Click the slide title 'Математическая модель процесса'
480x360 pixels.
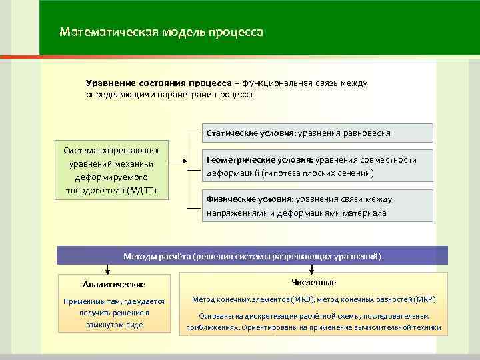click(x=161, y=32)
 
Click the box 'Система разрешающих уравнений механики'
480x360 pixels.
click(x=111, y=169)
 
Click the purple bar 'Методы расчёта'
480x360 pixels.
click(x=253, y=256)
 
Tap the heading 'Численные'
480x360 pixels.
click(x=314, y=282)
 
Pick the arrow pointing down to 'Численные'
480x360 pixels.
click(x=313, y=270)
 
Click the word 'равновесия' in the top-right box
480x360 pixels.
click(x=368, y=133)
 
